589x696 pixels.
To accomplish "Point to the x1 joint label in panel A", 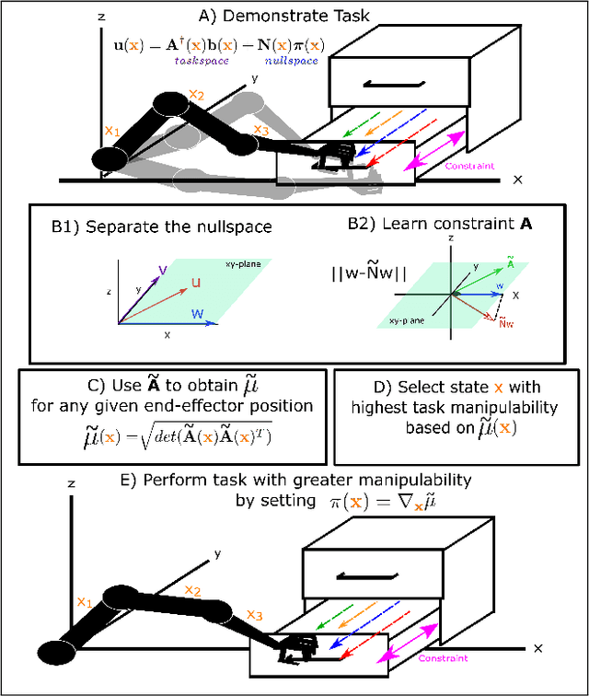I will coord(112,131).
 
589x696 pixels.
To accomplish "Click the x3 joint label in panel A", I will coord(262,130).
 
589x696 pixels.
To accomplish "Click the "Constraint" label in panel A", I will coord(468,167).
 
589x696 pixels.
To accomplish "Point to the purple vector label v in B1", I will coord(162,269).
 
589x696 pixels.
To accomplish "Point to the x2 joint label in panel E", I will coord(192,590).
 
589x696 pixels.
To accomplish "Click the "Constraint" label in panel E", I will coord(444,658).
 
